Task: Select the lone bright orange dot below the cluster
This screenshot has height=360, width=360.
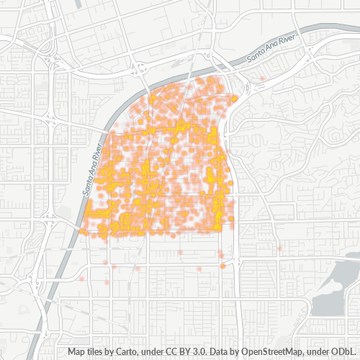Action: click(223, 266)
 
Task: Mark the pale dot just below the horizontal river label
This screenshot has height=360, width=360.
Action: click(263, 78)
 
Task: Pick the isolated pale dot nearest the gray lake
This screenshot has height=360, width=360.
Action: click(279, 249)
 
